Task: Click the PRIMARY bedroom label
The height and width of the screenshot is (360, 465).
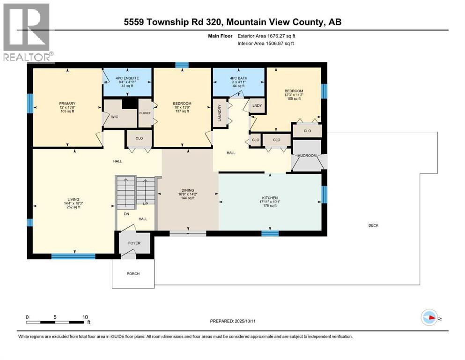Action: pos(67,104)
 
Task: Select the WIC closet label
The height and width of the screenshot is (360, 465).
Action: pos(114,117)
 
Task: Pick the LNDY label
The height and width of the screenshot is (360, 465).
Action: pos(258,105)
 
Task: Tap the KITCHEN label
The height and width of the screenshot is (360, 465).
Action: pos(270,198)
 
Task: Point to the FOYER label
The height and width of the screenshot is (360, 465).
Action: pos(134,243)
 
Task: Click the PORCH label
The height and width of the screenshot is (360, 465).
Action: pos(133,274)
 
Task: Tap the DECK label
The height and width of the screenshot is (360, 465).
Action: pos(373,225)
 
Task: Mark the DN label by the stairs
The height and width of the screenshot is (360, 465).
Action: pos(126,213)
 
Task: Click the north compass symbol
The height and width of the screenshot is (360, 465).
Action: pos(429,317)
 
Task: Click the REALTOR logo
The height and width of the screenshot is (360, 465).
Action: pos(27,33)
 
